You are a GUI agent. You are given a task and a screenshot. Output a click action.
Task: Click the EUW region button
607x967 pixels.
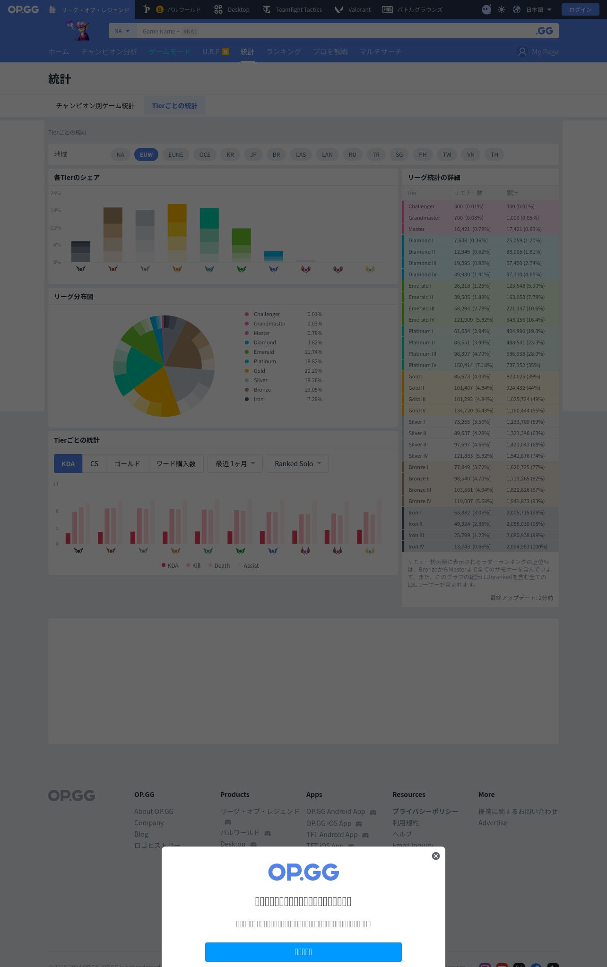click(146, 154)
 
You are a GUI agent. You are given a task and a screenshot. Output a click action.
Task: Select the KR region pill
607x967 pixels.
click(230, 154)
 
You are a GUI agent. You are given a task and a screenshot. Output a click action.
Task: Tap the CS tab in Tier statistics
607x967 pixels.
click(94, 463)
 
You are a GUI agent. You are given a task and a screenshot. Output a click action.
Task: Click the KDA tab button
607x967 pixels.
click(68, 463)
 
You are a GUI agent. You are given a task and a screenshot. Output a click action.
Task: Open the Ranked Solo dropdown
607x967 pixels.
click(297, 463)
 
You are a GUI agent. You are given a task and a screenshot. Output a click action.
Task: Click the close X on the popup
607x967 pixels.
click(436, 856)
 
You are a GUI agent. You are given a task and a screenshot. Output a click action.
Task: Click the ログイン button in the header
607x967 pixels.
click(580, 9)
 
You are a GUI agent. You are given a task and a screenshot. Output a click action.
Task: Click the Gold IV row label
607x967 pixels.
click(417, 411)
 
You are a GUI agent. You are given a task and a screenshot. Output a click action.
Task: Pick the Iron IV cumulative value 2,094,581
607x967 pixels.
click(527, 547)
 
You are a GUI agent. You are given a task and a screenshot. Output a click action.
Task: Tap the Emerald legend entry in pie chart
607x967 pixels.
click(263, 352)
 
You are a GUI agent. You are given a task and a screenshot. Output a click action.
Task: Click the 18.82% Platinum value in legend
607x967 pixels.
click(313, 361)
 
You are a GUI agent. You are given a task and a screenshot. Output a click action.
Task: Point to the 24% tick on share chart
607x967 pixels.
click(56, 193)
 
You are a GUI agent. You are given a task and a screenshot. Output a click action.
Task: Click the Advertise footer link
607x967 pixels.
click(493, 822)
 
